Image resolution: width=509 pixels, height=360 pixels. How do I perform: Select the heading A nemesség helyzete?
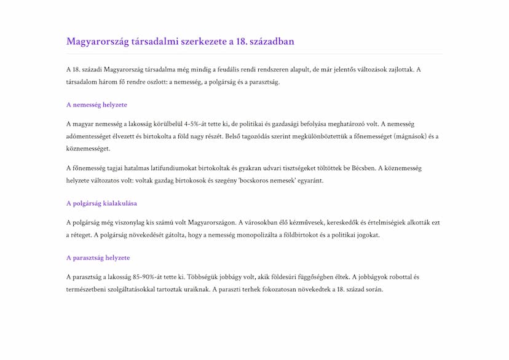click(x=97, y=104)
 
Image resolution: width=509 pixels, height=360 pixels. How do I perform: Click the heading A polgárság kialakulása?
click(x=101, y=203)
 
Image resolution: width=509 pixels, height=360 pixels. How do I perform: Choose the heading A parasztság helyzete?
click(x=98, y=257)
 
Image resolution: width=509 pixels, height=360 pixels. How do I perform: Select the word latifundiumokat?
click(x=183, y=168)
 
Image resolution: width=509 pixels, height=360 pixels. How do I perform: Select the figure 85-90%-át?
click(x=154, y=276)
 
